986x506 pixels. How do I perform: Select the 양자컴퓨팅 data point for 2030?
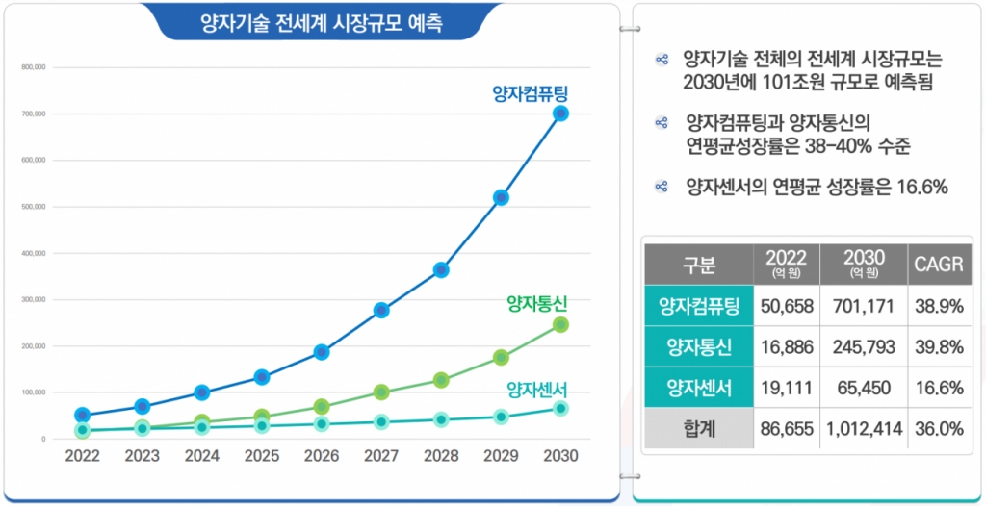pyautogui.click(x=561, y=114)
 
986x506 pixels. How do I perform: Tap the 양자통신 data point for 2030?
pyautogui.click(x=561, y=325)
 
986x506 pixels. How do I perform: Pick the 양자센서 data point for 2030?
pyautogui.click(x=561, y=409)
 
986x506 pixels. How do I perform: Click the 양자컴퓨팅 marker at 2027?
pyautogui.click(x=381, y=310)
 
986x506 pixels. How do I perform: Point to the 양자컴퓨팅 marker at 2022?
pyautogui.click(x=83, y=416)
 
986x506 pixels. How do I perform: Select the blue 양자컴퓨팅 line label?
pyautogui.click(x=531, y=93)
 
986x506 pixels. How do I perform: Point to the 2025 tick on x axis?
pyautogui.click(x=262, y=456)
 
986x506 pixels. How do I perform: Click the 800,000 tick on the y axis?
pyautogui.click(x=33, y=67)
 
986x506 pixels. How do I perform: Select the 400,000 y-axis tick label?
pyautogui.click(x=33, y=253)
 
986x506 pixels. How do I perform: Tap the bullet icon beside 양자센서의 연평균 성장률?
pyautogui.click(x=662, y=187)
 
